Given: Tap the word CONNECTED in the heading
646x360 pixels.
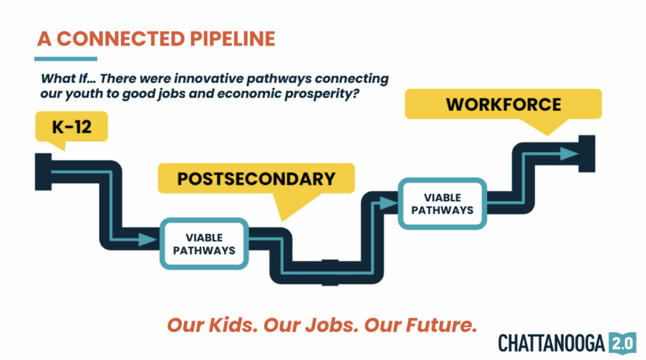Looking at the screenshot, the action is [x=120, y=38].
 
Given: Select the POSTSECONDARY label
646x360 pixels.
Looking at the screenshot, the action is [x=256, y=179].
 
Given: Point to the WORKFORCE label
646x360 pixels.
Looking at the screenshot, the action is [x=503, y=105].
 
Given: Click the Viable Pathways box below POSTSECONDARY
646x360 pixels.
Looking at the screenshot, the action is [x=204, y=244].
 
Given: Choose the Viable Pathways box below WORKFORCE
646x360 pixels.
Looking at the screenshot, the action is [x=442, y=204].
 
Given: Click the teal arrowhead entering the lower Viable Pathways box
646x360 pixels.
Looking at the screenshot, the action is [x=148, y=240].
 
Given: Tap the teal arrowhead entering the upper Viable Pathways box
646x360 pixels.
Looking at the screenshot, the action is [x=388, y=202].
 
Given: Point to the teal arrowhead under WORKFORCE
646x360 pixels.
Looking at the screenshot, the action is [x=570, y=154].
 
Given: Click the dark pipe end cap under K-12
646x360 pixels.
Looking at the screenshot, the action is [x=44, y=171].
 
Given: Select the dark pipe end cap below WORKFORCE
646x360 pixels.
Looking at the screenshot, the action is [x=587, y=154].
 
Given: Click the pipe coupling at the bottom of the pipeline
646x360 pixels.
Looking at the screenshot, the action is [x=330, y=272].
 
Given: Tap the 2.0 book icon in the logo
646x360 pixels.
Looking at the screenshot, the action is [x=623, y=343].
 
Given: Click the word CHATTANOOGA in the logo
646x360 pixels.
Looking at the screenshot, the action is [x=551, y=343].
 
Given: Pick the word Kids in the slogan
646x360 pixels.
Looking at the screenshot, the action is [x=233, y=325].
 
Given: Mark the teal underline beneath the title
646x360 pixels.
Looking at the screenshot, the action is [x=66, y=59].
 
